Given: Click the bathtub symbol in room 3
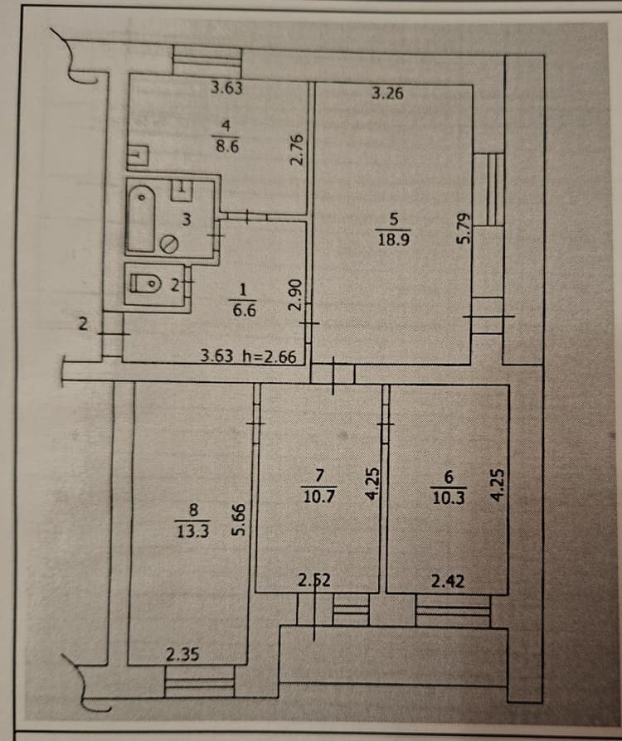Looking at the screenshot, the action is click(x=142, y=218).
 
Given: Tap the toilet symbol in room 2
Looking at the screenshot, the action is click(x=145, y=283).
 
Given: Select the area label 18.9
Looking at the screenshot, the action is click(x=394, y=240).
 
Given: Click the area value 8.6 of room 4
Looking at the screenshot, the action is click(x=227, y=146).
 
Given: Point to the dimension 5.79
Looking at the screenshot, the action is click(x=464, y=229).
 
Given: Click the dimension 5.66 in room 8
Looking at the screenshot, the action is click(x=240, y=520).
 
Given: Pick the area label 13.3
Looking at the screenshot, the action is click(x=192, y=531).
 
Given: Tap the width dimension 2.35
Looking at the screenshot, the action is click(x=182, y=655).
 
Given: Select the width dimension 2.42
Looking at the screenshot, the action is click(x=448, y=581).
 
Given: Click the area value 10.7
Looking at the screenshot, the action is click(x=318, y=496).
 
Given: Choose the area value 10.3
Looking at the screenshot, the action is click(x=449, y=497).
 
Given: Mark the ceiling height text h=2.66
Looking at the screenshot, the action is click(x=270, y=356).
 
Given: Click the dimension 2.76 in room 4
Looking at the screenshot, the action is click(x=297, y=149).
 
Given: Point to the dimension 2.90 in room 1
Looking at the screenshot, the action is click(x=294, y=294).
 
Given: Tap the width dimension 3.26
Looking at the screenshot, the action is click(x=387, y=93).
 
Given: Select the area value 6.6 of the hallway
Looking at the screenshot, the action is click(x=244, y=311).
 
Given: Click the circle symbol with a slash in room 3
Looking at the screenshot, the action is click(x=168, y=244).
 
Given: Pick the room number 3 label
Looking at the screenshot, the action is click(x=187, y=220).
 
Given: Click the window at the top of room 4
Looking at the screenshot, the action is click(x=207, y=61).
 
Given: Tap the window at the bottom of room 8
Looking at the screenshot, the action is click(x=199, y=681).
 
